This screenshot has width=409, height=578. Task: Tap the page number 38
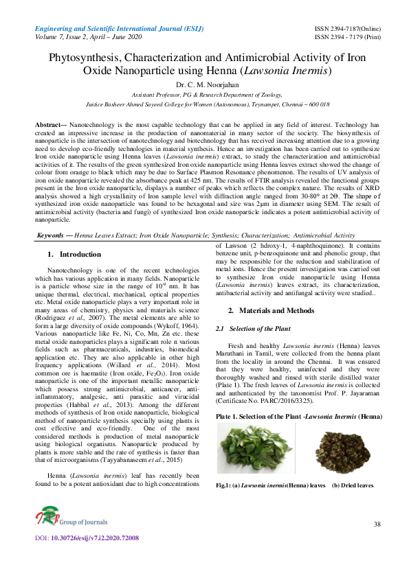(377, 524)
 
